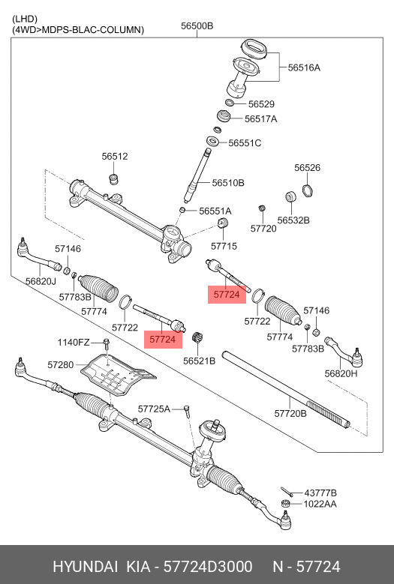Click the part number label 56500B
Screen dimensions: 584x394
click(x=197, y=26)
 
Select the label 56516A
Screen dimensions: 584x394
click(x=304, y=67)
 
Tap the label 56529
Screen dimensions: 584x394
click(x=261, y=104)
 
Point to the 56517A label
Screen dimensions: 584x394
click(x=260, y=118)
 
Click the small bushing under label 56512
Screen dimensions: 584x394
click(x=115, y=178)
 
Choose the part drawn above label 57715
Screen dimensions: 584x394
click(x=223, y=226)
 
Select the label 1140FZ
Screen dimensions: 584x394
click(x=74, y=343)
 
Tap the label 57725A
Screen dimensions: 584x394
click(x=154, y=409)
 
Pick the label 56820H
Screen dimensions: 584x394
click(x=341, y=373)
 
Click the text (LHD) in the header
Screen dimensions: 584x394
click(x=25, y=18)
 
